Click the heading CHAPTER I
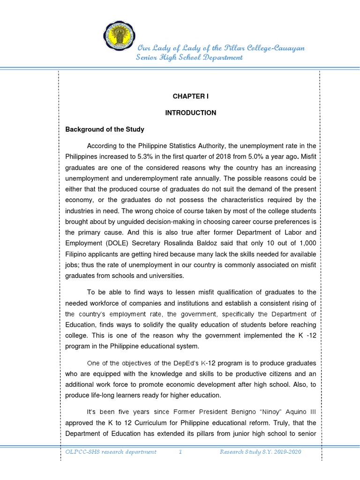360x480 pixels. tap(190, 96)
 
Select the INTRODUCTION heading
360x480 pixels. tap(190, 112)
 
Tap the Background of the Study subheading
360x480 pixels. tap(105, 129)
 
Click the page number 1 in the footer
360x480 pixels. tap(180, 452)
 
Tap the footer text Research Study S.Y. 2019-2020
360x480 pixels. tap(260, 452)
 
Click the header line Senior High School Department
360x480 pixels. tap(189, 57)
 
